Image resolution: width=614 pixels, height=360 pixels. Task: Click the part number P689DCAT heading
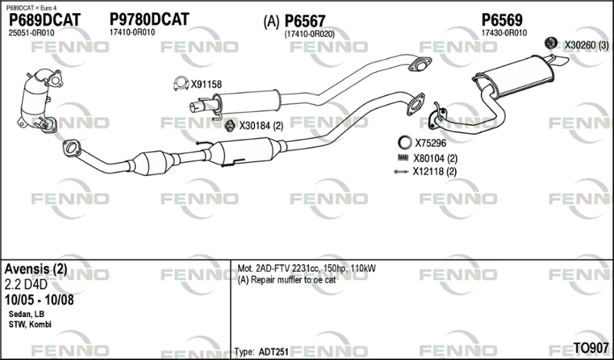pos(45,20)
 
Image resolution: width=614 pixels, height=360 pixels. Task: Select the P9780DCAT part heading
pos(149,19)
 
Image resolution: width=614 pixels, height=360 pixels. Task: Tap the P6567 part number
pos(305,21)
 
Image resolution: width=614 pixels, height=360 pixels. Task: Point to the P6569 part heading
pos(502,20)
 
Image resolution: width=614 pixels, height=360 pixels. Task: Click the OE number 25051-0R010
pos(31,33)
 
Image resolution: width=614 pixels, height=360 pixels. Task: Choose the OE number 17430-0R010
pos(504,33)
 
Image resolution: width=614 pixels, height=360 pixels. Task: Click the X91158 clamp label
pos(206,84)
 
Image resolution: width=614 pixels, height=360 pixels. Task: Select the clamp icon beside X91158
pos(181,83)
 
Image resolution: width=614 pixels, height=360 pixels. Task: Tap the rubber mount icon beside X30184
pos(229,125)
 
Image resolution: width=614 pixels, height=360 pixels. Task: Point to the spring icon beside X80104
pos(403,158)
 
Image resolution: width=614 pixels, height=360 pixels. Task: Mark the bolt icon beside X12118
pos(401,172)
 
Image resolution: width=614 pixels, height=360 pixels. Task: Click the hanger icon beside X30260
pos(551,43)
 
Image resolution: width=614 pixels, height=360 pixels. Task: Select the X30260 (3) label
pos(586,45)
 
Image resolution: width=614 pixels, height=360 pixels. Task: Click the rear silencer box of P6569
pos(516,76)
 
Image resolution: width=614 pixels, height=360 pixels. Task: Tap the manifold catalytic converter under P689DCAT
pos(38,99)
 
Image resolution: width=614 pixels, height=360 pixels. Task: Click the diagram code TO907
pos(591,347)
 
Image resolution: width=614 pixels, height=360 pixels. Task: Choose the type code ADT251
pos(273,352)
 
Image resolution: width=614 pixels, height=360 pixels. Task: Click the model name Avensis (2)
pos(35,269)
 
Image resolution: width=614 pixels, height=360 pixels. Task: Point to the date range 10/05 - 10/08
pos(39,300)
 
